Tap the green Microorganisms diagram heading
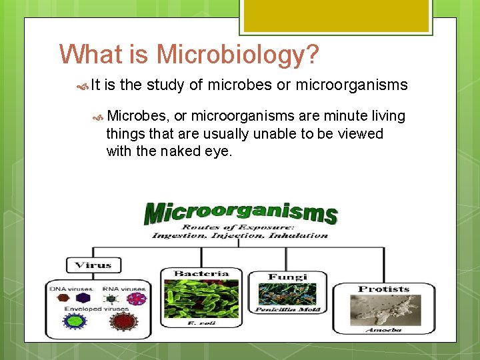241,213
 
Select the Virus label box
93,265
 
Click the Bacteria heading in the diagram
201,273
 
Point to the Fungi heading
287,277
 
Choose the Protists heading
383,289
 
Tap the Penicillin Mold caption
287,309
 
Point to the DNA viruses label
70,289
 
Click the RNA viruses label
123,289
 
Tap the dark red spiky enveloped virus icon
123,321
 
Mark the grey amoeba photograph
383,310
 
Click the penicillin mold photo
287,294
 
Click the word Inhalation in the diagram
298,235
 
